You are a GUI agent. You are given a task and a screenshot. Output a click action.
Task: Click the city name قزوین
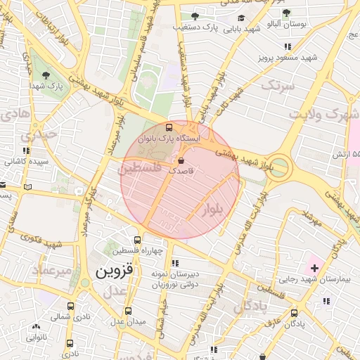(x=117, y=271)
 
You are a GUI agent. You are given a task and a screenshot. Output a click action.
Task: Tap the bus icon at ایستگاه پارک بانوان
(x=168, y=127)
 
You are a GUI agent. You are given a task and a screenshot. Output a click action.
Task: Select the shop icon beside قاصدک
(x=181, y=160)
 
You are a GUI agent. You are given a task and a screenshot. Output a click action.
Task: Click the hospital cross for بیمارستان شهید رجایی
(x=314, y=268)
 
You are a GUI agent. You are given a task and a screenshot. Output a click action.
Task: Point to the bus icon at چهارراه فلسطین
(x=138, y=240)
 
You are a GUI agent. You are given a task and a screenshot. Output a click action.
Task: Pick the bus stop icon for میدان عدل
(x=127, y=311)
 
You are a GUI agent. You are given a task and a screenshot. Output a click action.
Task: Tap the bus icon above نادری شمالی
(x=70, y=307)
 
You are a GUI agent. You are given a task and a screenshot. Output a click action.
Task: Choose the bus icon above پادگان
(x=294, y=314)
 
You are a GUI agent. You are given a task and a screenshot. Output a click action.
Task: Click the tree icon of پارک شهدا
(x=46, y=75)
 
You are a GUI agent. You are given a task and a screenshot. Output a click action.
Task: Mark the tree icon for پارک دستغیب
(x=195, y=16)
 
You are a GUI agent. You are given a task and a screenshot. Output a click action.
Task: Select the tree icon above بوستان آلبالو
(x=286, y=12)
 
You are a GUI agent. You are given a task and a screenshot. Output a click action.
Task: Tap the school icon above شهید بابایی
(x=241, y=18)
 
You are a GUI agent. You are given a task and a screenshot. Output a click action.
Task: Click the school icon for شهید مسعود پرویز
(x=288, y=46)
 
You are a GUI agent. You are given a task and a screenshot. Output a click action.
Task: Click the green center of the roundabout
(x=279, y=167)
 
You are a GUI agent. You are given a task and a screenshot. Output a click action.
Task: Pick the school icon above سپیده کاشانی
(x=26, y=150)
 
